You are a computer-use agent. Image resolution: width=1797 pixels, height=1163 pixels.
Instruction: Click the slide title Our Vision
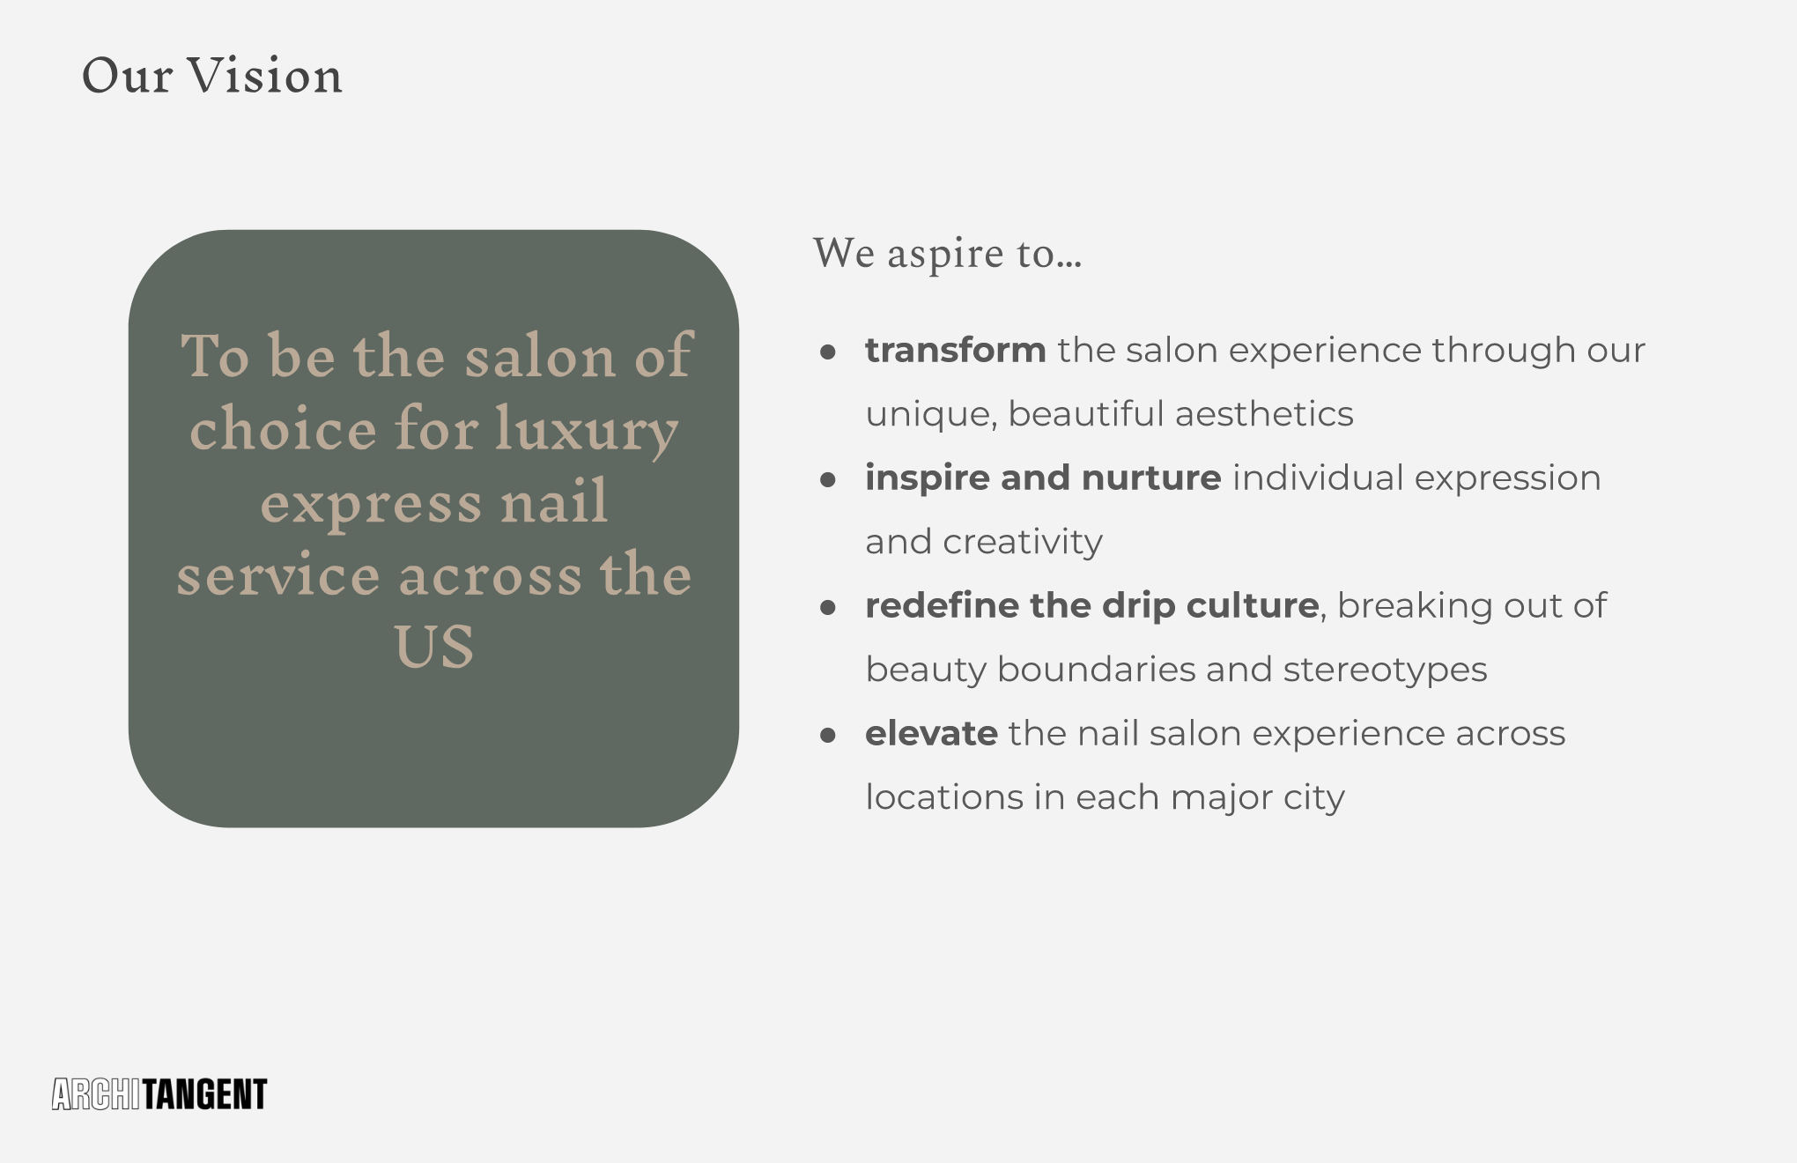coord(211,75)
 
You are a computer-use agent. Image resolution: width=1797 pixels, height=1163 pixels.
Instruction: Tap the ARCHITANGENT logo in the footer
coord(159,1094)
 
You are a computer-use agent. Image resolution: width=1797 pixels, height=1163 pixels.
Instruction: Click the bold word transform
coord(956,351)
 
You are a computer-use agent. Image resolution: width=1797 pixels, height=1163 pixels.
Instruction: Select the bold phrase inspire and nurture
coord(1043,478)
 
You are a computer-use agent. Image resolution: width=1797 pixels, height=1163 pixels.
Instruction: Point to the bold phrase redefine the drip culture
coord(1092,606)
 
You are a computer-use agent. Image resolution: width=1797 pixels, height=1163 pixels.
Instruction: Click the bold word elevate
coord(931,734)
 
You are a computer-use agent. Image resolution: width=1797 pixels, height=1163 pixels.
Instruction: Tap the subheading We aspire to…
coord(947,254)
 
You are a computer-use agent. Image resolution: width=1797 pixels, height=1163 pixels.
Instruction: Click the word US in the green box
coord(434,647)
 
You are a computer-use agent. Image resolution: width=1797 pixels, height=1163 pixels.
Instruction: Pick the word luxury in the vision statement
coord(587,431)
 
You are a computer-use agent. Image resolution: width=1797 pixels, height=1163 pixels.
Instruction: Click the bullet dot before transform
coord(827,352)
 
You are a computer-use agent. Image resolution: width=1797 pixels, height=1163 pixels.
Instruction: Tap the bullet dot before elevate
coord(827,736)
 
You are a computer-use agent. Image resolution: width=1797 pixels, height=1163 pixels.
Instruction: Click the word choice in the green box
coord(284,429)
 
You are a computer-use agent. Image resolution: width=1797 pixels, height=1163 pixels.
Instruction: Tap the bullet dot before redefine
coord(827,608)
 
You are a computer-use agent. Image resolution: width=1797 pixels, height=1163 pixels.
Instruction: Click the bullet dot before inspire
coord(827,480)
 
